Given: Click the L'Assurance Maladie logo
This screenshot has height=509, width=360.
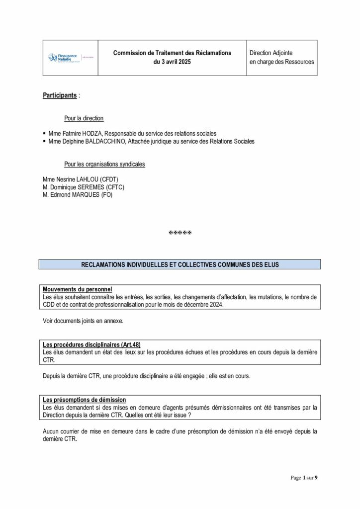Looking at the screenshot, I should [x=62, y=58].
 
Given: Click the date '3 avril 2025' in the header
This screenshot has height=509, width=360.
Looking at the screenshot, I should [x=172, y=62].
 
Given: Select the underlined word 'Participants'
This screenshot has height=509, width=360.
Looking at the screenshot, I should [x=60, y=95].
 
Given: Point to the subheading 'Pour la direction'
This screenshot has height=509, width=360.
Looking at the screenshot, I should [x=84, y=118].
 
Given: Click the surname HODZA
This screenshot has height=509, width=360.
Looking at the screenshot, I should [x=92, y=134].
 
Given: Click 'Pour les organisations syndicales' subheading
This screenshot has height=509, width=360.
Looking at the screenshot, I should [x=105, y=164].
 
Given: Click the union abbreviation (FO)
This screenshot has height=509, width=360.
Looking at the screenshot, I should [x=107, y=195].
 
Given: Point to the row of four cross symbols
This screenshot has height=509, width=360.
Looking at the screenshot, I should [x=180, y=233].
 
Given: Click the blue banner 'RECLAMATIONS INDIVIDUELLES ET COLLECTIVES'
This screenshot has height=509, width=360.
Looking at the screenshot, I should [x=180, y=264].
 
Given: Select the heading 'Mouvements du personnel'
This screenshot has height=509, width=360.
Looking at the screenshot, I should [x=78, y=289].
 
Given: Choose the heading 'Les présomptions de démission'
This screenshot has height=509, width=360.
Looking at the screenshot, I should [x=85, y=400].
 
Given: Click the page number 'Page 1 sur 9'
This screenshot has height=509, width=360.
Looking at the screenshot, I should [x=304, y=478].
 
